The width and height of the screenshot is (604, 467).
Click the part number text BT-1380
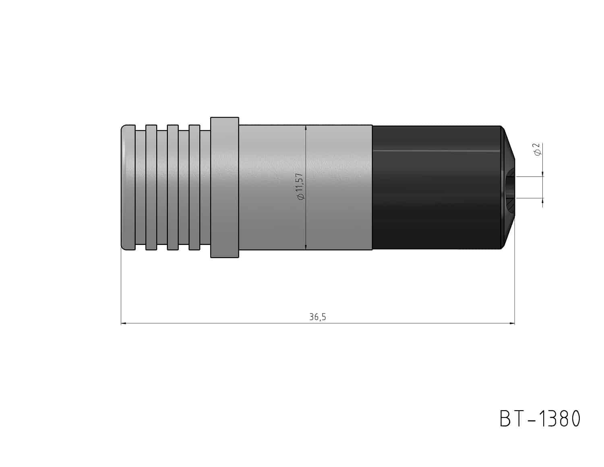[540, 419]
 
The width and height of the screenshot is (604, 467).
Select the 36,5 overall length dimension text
[317, 317]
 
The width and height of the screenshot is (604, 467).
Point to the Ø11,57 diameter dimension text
[300, 186]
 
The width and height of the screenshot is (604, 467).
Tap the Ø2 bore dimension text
[537, 149]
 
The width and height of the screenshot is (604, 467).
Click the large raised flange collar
[225, 187]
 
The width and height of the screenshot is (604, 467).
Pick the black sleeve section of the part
[436, 187]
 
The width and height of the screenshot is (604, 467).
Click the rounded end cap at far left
[128, 187]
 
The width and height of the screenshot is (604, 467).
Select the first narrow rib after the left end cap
[151, 187]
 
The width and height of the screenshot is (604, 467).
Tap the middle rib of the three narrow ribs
[173, 187]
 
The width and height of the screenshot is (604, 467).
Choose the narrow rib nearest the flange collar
[194, 187]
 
